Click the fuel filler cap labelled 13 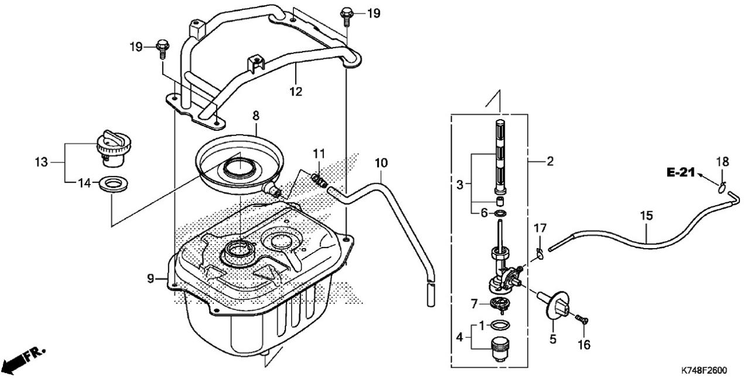(x=114, y=148)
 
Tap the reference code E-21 (x=681, y=172)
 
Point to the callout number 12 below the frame (x=296, y=91)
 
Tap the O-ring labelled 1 (x=500, y=325)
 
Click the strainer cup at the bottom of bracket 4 (x=500, y=350)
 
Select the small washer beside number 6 (x=500, y=213)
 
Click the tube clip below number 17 (x=540, y=253)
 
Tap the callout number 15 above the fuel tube (x=647, y=216)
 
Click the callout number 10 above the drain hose (x=381, y=163)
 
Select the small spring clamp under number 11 (x=319, y=179)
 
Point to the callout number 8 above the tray (x=255, y=116)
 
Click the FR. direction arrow (x=26, y=358)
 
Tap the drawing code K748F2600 (x=704, y=370)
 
